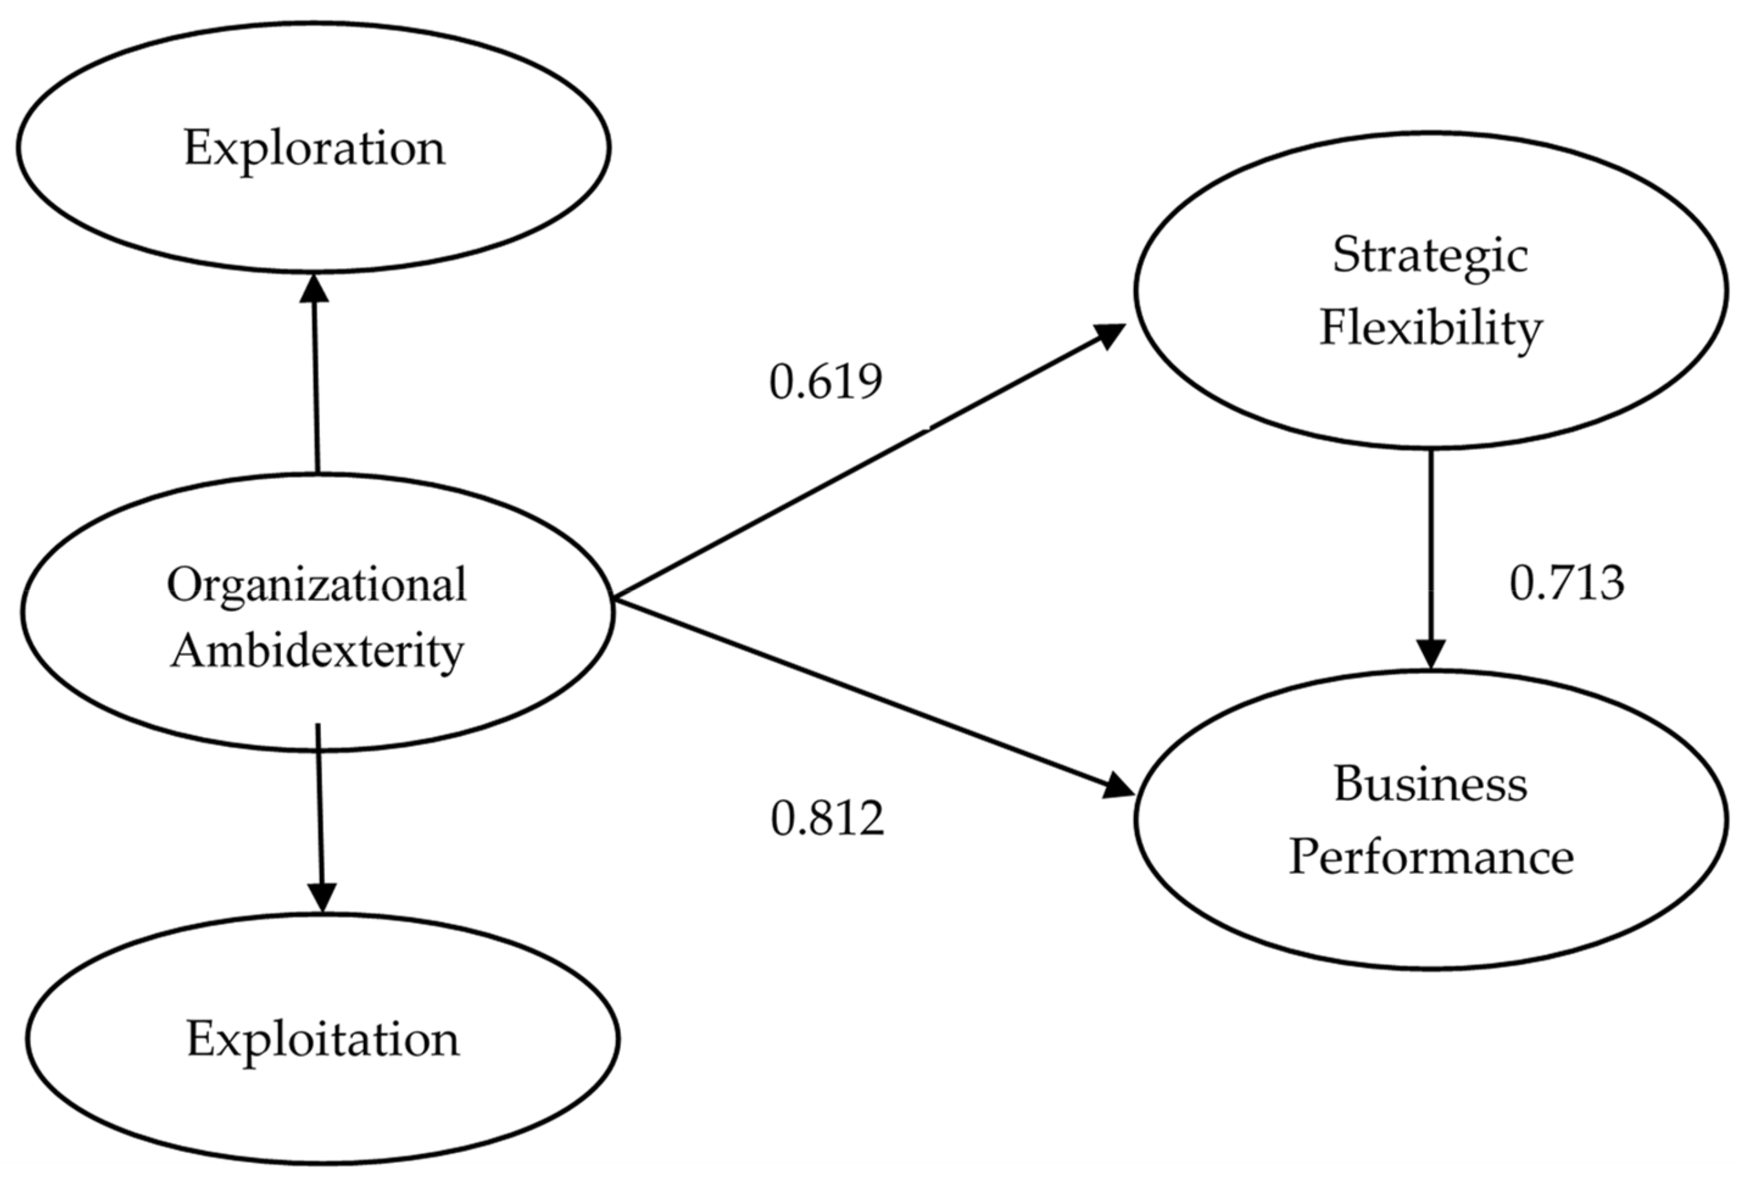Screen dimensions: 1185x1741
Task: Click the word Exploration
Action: point(314,148)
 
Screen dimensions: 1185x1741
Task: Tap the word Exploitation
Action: point(323,1040)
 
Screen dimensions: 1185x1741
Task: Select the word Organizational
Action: point(317,585)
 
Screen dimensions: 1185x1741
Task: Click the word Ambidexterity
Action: point(317,651)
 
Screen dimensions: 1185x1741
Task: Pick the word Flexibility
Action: point(1430,329)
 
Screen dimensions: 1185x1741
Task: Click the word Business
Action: point(1430,785)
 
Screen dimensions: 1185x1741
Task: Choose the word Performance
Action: point(1431,857)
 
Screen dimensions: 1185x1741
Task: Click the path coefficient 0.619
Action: point(826,382)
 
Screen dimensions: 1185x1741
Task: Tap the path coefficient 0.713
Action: point(1567,583)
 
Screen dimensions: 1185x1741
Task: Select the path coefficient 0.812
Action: point(827,818)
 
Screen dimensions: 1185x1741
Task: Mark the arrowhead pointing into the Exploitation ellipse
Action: point(322,897)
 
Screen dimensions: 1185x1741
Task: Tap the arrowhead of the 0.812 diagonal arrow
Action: point(1118,788)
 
